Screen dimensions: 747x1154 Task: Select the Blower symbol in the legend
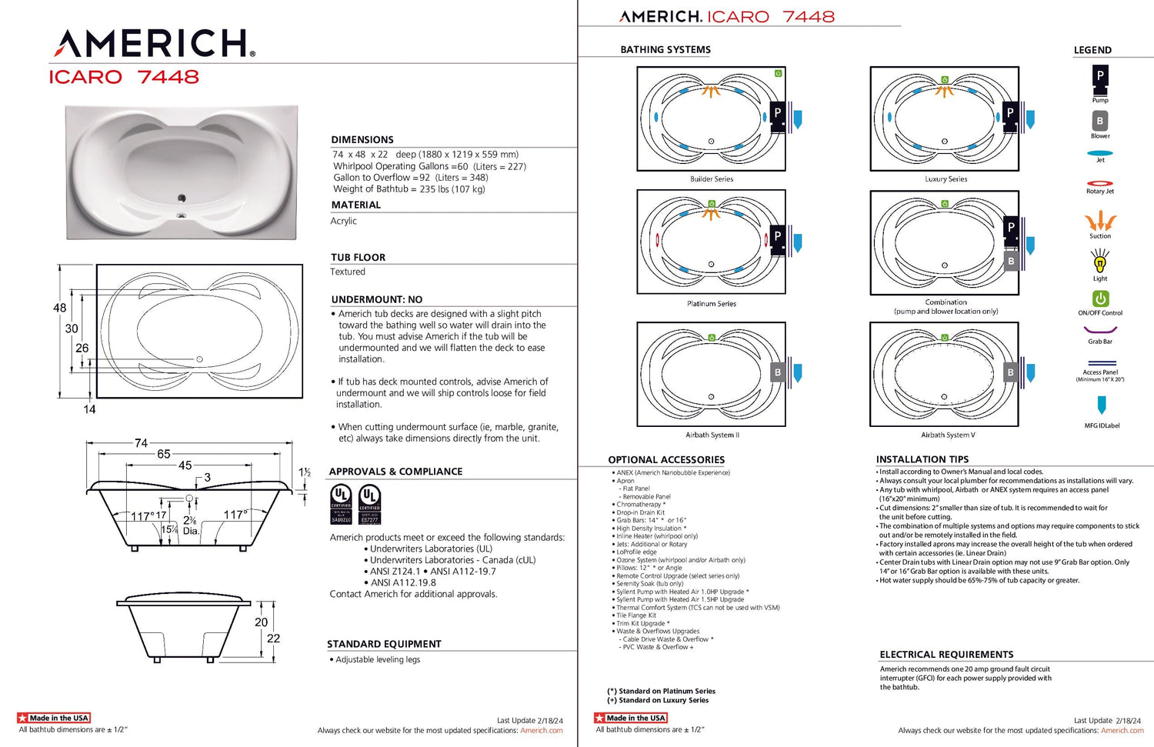pos(1100,121)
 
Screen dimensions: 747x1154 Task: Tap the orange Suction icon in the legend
pos(1100,222)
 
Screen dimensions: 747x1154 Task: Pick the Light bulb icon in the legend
pos(1100,263)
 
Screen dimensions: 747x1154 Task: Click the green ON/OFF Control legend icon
pos(1100,298)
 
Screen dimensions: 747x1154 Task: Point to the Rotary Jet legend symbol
pos(1100,183)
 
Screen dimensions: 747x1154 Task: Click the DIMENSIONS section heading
pos(362,140)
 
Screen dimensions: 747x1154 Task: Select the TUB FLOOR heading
pos(359,258)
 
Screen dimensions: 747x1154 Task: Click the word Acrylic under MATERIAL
pos(344,221)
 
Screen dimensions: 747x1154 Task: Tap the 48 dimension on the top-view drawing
pos(59,308)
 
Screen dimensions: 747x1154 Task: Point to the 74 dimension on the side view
pos(141,443)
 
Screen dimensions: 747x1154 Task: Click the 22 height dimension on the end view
pos(273,639)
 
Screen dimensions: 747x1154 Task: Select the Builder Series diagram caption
pos(712,179)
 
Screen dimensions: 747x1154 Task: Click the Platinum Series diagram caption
pos(712,304)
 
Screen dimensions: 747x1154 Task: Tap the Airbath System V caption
pos(948,435)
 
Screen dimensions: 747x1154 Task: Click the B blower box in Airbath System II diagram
pos(778,372)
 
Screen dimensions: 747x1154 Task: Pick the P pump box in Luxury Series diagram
pos(1010,113)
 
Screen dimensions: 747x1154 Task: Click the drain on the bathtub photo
pos(182,198)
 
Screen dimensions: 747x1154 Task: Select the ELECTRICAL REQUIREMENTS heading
pos(946,655)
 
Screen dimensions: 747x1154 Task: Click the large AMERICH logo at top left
pos(154,44)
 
